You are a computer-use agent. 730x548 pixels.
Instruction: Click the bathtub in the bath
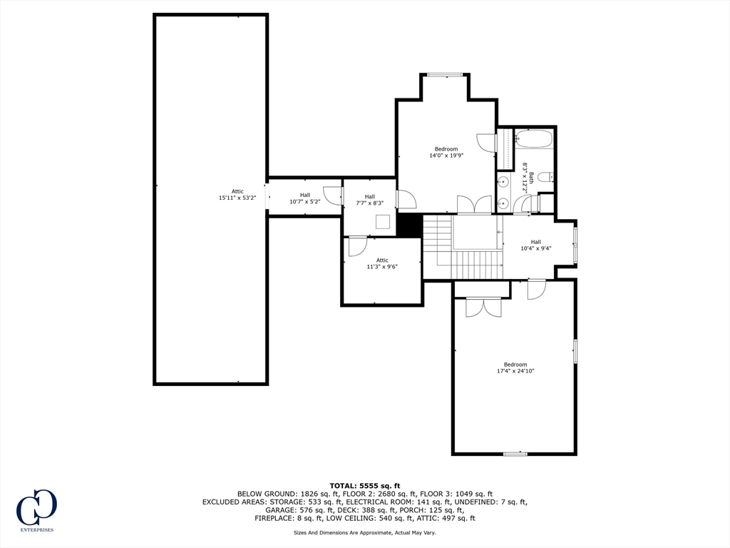click(x=533, y=139)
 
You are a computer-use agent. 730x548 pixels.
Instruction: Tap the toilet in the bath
click(x=545, y=177)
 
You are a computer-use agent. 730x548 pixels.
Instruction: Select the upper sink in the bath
click(x=503, y=182)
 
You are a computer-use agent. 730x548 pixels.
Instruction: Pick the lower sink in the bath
click(x=503, y=203)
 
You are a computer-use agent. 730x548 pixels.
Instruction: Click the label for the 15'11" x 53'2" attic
click(x=237, y=194)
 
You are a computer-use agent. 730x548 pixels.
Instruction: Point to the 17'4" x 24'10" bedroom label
click(x=515, y=367)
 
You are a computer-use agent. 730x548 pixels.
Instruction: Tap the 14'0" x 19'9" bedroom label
click(x=446, y=153)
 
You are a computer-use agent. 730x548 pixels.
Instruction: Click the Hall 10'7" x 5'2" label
click(x=305, y=198)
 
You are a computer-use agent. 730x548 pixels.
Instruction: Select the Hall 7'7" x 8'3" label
click(x=370, y=200)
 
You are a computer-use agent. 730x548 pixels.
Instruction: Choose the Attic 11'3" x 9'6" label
click(x=382, y=264)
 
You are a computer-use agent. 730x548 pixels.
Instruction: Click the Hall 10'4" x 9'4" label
click(x=536, y=245)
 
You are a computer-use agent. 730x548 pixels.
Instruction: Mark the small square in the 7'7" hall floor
click(x=383, y=221)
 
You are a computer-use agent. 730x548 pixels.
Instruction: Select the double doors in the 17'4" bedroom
click(x=484, y=308)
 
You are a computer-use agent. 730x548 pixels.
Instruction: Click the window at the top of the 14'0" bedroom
click(x=445, y=74)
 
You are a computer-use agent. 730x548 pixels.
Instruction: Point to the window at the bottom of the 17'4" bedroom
click(x=515, y=453)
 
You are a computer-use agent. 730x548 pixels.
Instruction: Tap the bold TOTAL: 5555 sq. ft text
click(x=364, y=486)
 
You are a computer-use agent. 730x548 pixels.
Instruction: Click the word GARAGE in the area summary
click(x=279, y=510)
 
